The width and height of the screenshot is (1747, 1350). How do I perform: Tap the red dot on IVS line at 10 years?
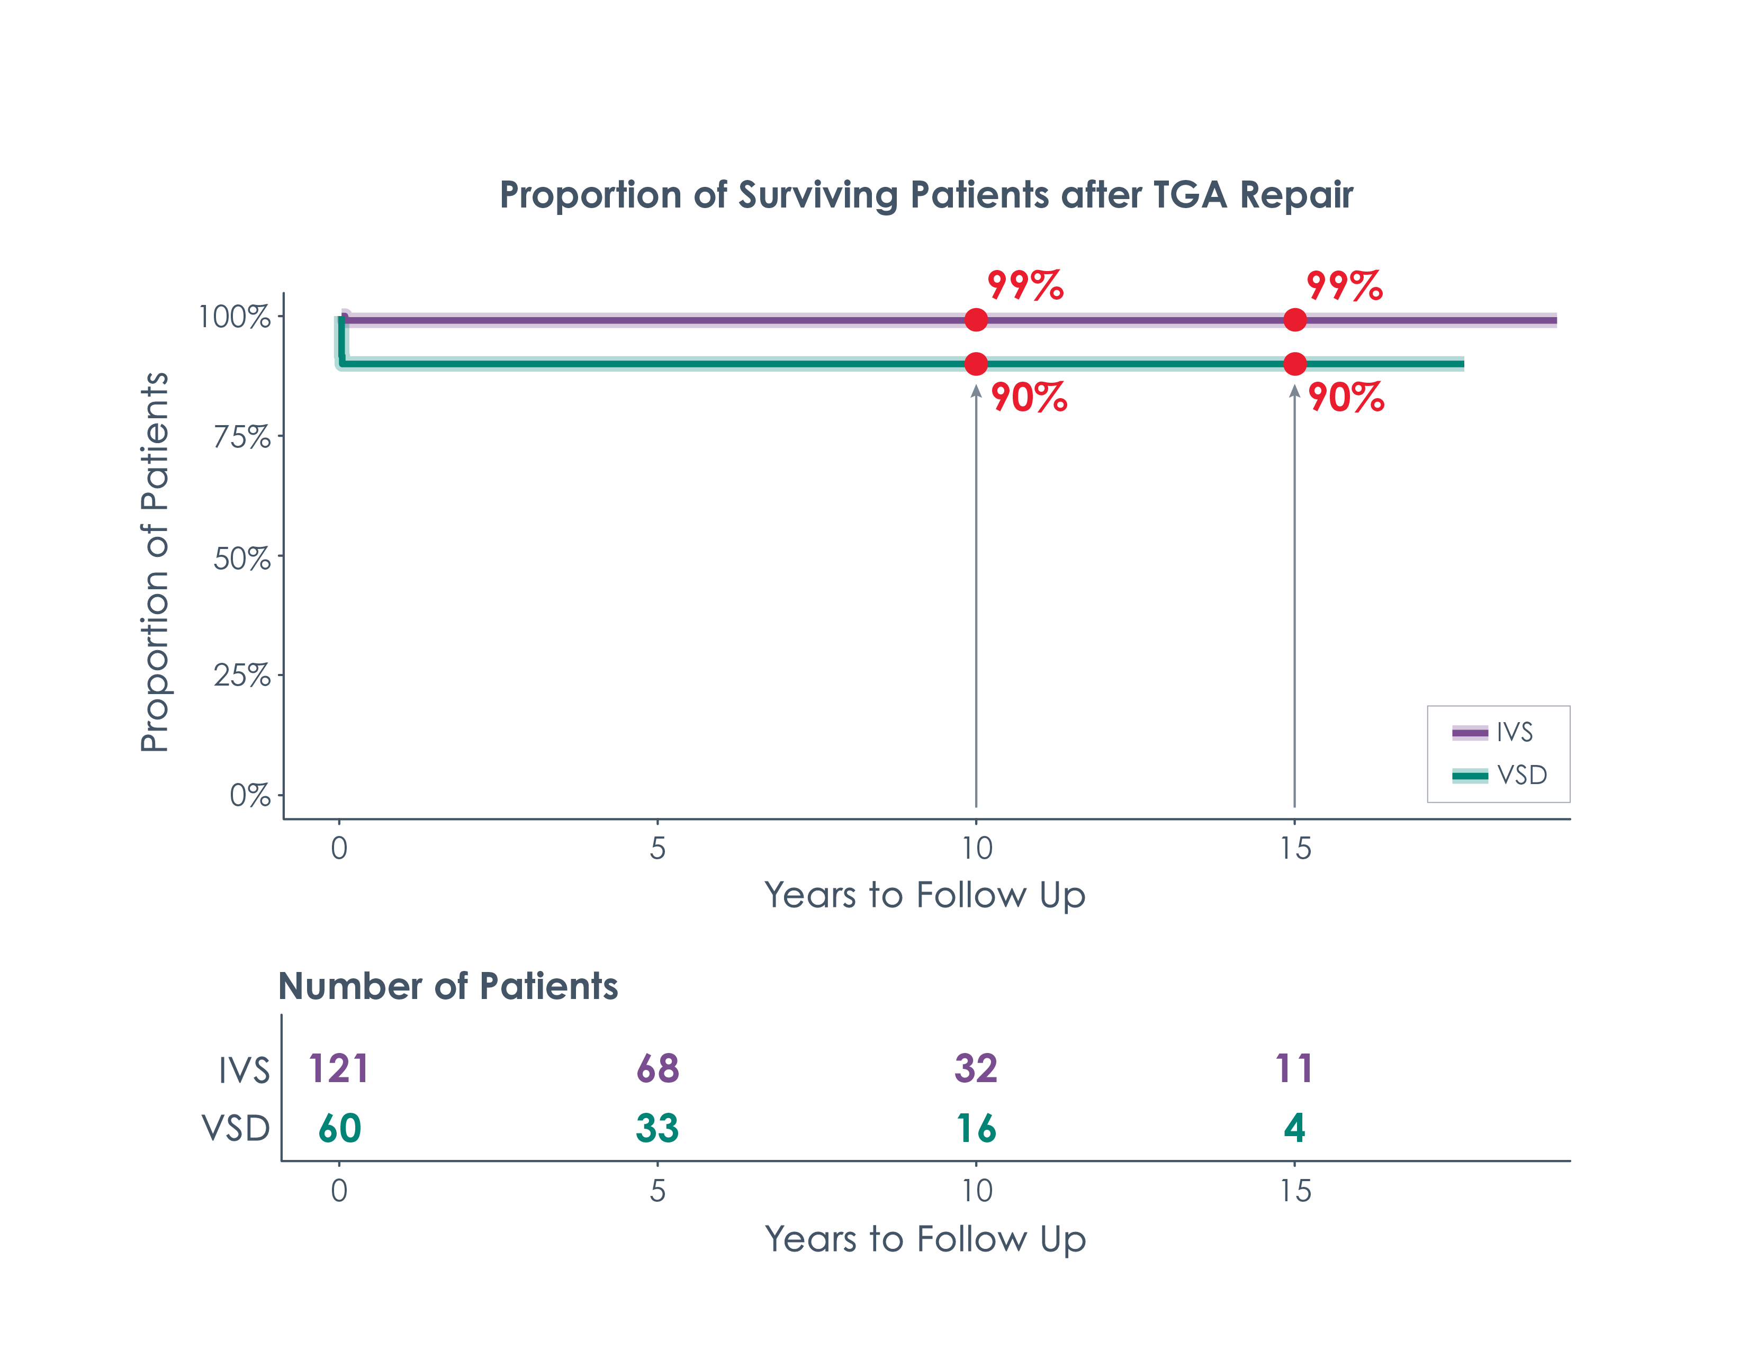[x=976, y=320]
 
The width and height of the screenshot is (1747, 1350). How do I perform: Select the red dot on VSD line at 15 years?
[x=1294, y=364]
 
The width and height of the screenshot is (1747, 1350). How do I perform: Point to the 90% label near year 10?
[x=1029, y=398]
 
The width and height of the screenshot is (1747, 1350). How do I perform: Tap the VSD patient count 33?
[x=657, y=1129]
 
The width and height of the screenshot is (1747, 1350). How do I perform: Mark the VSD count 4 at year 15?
[x=1294, y=1129]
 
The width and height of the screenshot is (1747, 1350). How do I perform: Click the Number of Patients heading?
[x=448, y=986]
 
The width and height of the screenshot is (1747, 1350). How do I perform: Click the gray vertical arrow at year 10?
[x=976, y=600]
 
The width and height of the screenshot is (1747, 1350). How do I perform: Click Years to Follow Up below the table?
[x=925, y=1239]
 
